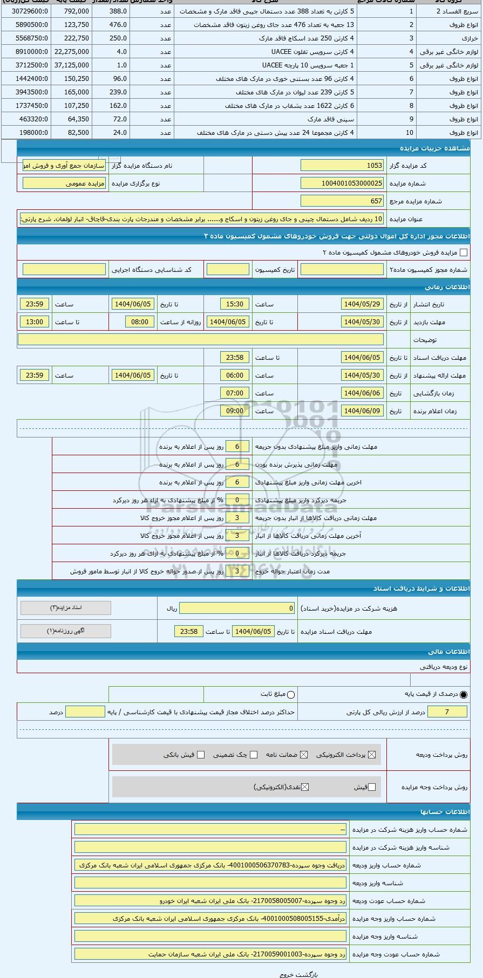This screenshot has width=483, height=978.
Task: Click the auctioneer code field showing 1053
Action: click(x=342, y=166)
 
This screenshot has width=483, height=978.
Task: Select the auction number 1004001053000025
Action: click(x=342, y=183)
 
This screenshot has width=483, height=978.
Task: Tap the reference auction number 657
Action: click(x=342, y=201)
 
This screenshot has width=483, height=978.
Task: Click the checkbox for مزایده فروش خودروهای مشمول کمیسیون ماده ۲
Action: click(x=463, y=252)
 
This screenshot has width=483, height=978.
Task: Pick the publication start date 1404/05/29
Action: click(x=362, y=304)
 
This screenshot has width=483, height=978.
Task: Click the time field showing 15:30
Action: click(x=235, y=304)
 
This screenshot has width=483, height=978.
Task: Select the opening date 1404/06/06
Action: click(x=362, y=393)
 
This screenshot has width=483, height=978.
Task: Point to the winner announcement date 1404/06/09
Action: click(x=362, y=411)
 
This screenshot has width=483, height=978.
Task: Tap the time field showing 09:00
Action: click(x=235, y=411)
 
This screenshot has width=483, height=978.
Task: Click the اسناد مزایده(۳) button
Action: click(x=66, y=608)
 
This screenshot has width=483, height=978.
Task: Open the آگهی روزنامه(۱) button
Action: click(x=66, y=631)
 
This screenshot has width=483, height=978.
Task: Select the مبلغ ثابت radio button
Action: click(x=291, y=695)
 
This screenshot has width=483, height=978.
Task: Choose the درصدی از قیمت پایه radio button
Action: click(x=464, y=695)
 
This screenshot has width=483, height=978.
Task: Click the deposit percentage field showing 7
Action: click(x=447, y=712)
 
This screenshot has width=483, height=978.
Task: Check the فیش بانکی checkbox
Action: click(x=201, y=755)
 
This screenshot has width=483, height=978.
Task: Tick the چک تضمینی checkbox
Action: click(x=254, y=755)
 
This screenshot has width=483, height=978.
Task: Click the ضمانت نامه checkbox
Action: click(x=304, y=755)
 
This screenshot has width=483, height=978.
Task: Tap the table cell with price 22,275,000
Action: click(x=71, y=52)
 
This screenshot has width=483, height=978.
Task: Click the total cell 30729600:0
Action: click(x=26, y=11)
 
